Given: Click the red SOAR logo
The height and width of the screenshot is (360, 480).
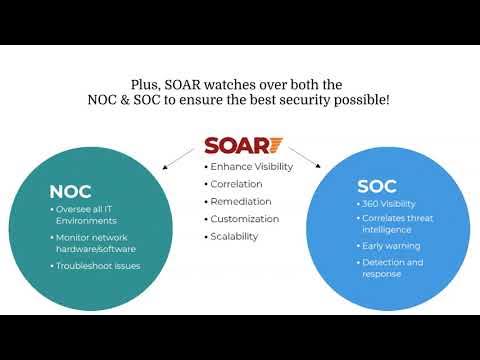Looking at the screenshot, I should point(243,146).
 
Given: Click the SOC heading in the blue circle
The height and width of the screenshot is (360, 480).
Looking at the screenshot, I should point(376,186).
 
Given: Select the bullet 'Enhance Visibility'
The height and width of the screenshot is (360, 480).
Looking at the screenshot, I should point(250,166).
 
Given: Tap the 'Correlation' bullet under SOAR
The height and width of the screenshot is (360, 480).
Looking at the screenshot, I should point(236,184).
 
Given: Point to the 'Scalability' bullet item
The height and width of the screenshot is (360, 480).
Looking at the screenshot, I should point(234,237).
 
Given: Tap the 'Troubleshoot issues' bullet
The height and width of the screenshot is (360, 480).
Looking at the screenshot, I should point(98,265).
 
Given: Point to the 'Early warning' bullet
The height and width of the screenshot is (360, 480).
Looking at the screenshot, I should point(391,246).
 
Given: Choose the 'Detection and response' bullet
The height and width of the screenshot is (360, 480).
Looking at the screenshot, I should point(392,268).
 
